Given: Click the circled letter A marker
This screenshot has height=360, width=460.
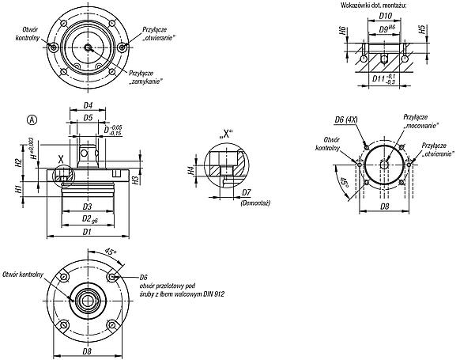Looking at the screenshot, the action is (32, 120).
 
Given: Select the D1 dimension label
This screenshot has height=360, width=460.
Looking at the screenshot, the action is (87, 232).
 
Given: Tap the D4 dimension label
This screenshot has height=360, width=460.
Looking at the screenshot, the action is (88, 105).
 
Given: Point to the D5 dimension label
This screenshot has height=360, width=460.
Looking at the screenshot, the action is (88, 118).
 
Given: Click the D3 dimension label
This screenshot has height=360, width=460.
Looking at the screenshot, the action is (87, 207).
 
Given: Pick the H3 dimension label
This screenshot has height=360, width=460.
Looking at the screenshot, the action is (135, 180).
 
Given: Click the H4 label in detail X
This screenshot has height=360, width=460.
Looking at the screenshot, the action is (191, 170).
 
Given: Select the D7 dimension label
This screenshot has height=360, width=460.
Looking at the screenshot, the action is (247, 192).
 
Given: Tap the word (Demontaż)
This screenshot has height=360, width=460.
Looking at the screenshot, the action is (255, 203).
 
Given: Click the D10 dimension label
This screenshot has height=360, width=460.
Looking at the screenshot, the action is (385, 16).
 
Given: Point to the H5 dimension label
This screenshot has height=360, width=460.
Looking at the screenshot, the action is (422, 29).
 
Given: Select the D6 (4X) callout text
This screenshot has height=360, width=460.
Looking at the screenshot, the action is (346, 119).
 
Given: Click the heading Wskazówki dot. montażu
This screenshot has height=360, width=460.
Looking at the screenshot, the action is (374, 5).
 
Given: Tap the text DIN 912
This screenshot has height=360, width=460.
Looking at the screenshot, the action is (213, 294).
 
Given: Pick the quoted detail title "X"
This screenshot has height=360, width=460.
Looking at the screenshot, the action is (225, 135).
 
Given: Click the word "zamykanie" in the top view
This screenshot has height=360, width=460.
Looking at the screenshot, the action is (145, 81).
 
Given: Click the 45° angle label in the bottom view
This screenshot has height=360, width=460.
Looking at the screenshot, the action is (111, 252).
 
